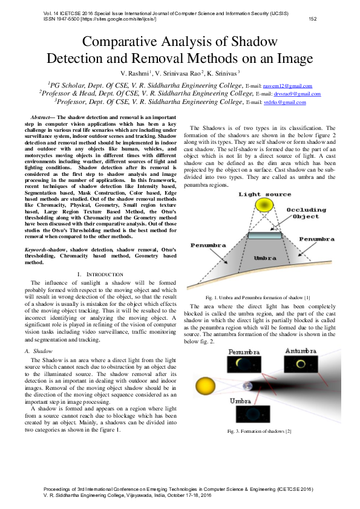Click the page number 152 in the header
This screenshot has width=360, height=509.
pyautogui.click(x=313, y=19)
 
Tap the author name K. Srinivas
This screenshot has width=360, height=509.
pyautogui.click(x=222, y=73)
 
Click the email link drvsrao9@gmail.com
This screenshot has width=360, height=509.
pyautogui.click(x=296, y=94)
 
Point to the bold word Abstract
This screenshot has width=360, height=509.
pyautogui.click(x=41, y=115)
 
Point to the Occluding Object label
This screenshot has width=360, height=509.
pyautogui.click(x=306, y=212)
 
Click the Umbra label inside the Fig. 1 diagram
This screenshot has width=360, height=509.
pyautogui.click(x=261, y=258)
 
